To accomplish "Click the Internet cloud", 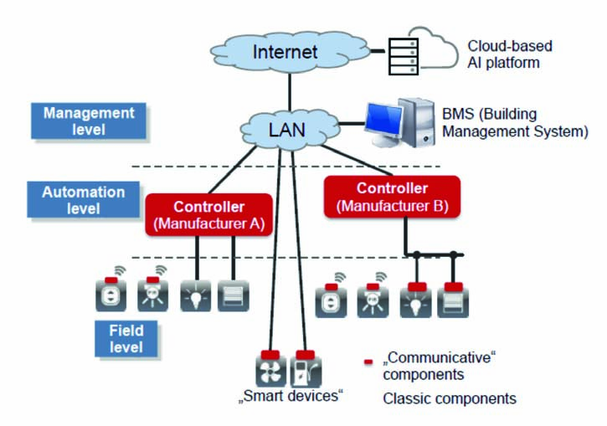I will pyautogui.click(x=285, y=52).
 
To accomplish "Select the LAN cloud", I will pyautogui.click(x=286, y=131).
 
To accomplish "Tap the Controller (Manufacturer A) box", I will pyautogui.click(x=208, y=215).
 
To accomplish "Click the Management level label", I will pyautogui.click(x=89, y=121).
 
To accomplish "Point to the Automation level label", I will pyautogui.click(x=84, y=200).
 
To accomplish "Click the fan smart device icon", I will pyautogui.click(x=270, y=371).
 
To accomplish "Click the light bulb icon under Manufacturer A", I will pyautogui.click(x=196, y=295).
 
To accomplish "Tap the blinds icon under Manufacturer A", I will pyautogui.click(x=233, y=295).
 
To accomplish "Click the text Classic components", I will pyautogui.click(x=449, y=398).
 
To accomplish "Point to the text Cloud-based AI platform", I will pyautogui.click(x=509, y=54).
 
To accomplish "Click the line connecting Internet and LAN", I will pyautogui.click(x=289, y=91).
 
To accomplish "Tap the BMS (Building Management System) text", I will pyautogui.click(x=514, y=122).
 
